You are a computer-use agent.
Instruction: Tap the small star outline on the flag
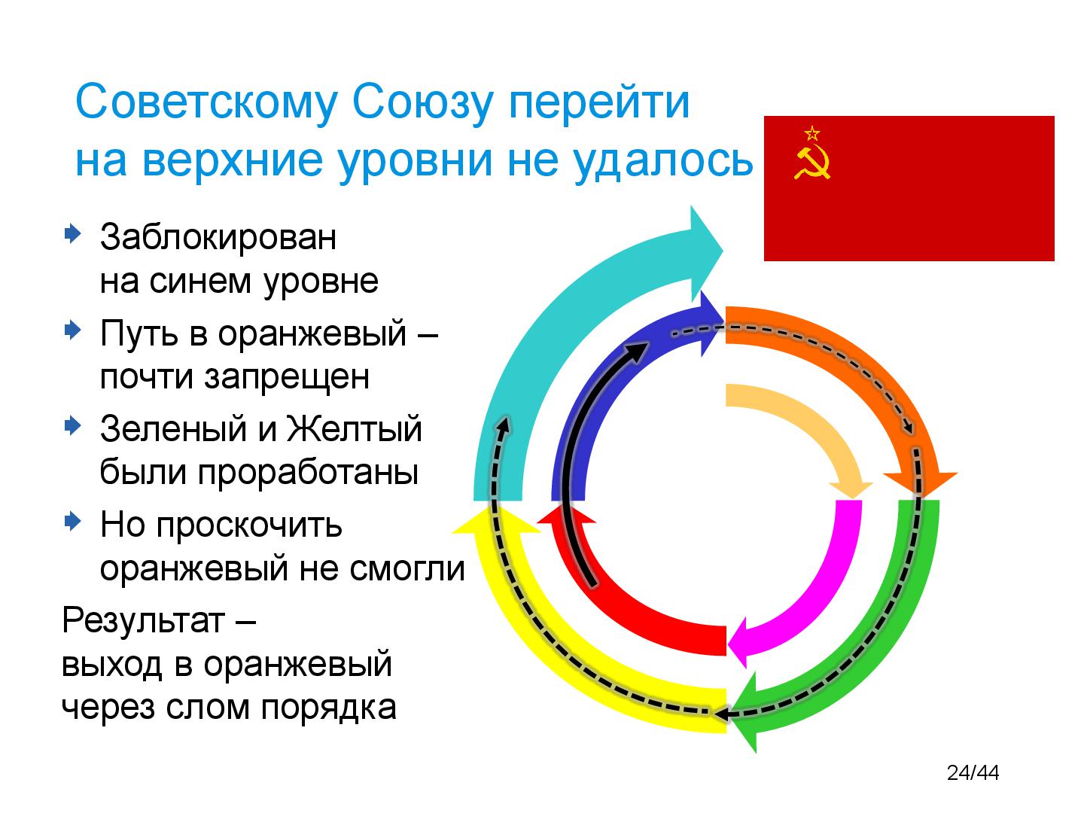pyautogui.click(x=811, y=134)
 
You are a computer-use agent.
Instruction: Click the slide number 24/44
pyautogui.click(x=973, y=772)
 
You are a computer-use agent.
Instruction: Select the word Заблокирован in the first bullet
pyautogui.click(x=218, y=237)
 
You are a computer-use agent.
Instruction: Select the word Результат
pyautogui.click(x=143, y=621)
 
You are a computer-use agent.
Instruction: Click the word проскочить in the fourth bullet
pyautogui.click(x=248, y=525)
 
